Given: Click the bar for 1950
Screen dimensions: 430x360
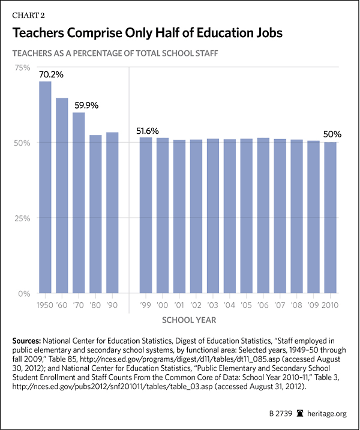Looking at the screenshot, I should tap(45, 187).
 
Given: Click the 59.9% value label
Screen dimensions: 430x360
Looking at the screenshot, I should tap(86, 105).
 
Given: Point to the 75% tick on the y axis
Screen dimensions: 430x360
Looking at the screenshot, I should tap(23, 68).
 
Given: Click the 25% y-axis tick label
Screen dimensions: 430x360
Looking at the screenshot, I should tap(23, 218).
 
